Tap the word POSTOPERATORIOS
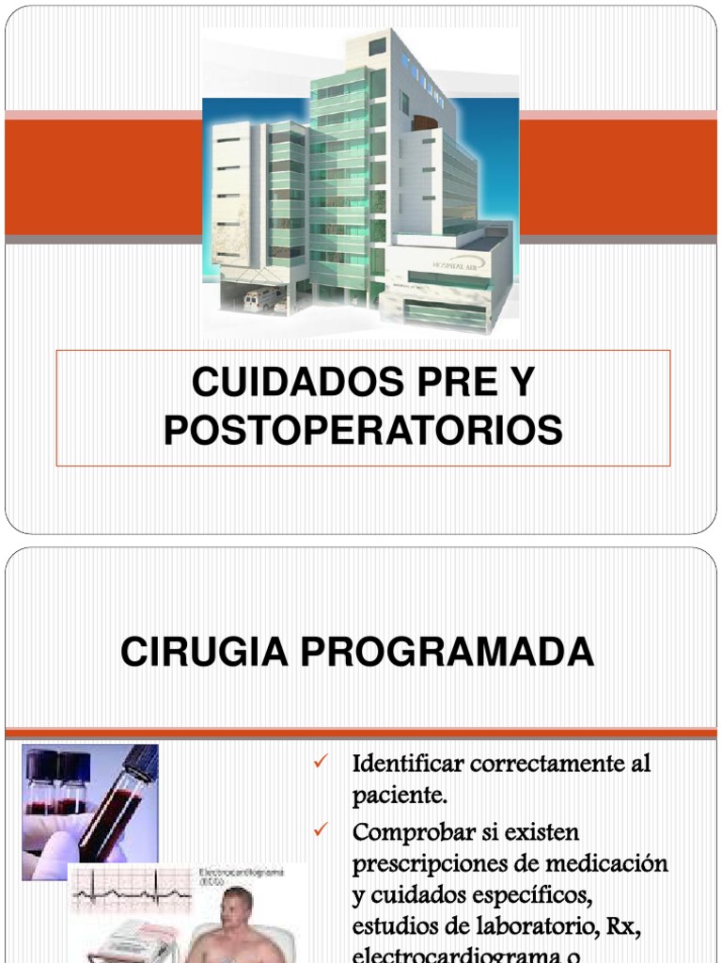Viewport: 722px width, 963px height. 363,431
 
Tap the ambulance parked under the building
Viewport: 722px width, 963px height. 261,300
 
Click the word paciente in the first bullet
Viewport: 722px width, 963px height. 399,797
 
